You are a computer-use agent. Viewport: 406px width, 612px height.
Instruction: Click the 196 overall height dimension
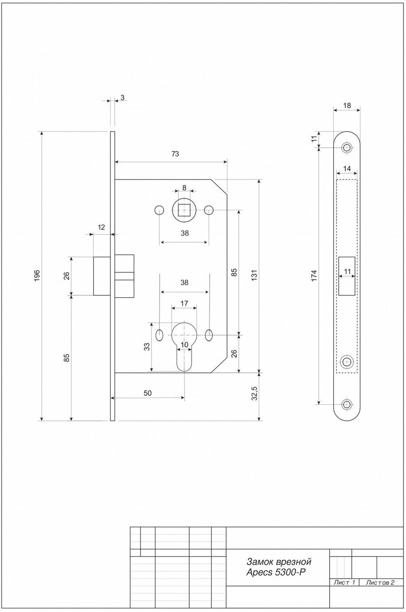point(37,275)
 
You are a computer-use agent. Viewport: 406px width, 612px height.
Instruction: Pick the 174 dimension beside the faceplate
point(314,275)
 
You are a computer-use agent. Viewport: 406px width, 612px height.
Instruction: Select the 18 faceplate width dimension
point(347,106)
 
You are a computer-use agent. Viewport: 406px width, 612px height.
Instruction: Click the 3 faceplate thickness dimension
point(122,97)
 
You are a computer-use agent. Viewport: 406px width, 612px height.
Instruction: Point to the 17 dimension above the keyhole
point(184,304)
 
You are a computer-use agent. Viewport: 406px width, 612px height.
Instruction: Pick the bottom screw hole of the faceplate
point(347,404)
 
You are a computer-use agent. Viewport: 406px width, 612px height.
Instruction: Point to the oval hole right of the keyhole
point(209,335)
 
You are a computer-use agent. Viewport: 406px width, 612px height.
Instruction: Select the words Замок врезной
point(278,562)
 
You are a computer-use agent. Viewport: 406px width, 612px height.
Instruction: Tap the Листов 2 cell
point(380,582)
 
